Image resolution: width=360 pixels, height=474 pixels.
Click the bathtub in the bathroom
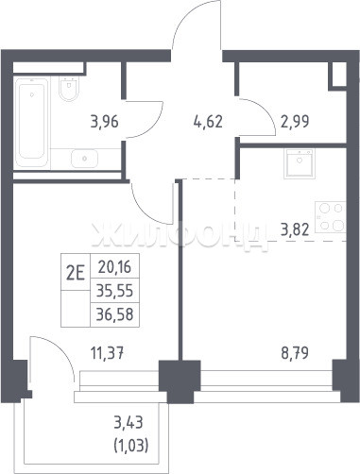click(31, 122)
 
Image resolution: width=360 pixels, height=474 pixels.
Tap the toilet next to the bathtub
click(69, 89)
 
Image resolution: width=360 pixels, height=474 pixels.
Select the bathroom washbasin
click(84, 159)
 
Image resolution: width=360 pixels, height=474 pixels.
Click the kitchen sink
click(299, 163)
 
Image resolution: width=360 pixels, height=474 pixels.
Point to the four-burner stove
click(331, 217)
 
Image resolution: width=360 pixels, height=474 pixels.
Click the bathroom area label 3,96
click(104, 122)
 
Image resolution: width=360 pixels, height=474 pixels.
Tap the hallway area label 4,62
click(208, 122)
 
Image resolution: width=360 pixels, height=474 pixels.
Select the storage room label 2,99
click(295, 122)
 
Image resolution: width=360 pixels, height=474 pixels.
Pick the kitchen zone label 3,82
click(295, 230)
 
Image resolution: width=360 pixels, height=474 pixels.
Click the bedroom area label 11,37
click(107, 353)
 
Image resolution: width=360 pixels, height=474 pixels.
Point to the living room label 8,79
click(295, 353)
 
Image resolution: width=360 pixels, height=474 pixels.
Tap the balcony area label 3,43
click(129, 422)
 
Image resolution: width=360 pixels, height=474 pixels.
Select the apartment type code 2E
click(76, 273)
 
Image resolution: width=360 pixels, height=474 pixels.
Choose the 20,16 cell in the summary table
click(114, 267)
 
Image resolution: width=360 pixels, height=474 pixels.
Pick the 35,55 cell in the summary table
click(114, 291)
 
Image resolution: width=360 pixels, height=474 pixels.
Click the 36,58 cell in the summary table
click(114, 314)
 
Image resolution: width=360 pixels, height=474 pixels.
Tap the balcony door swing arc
click(62, 348)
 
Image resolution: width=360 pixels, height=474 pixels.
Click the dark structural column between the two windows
click(180, 381)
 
